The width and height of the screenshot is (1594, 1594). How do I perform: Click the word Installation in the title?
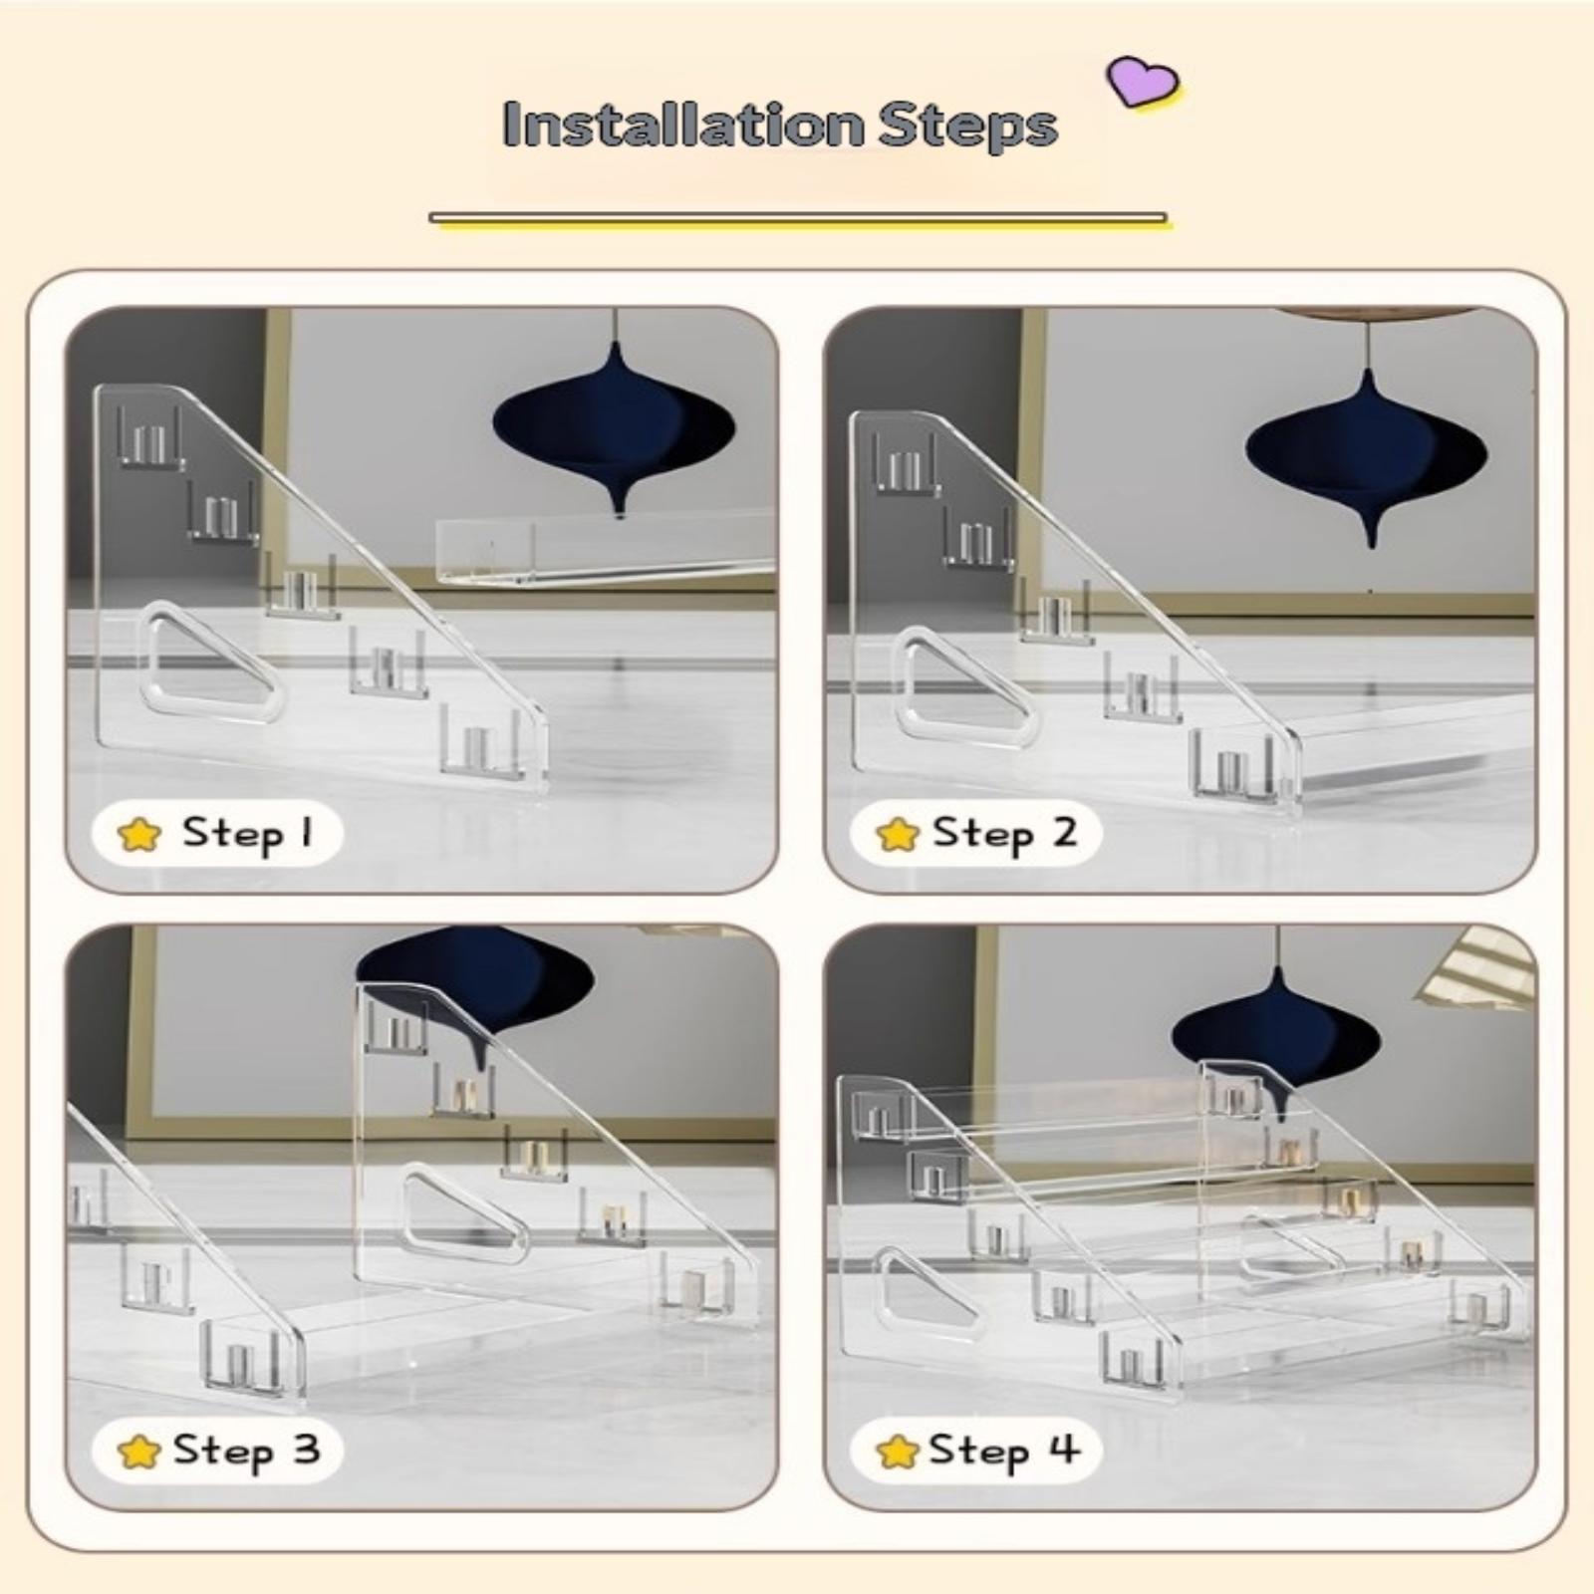[x=683, y=125]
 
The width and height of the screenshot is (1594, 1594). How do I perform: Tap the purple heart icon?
[x=1143, y=81]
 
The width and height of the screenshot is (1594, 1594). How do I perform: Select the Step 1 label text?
[x=247, y=833]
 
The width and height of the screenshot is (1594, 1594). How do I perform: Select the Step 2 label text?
[x=1004, y=833]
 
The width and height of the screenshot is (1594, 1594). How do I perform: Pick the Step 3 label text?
[x=246, y=1451]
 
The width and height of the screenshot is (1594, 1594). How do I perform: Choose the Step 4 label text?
[x=1004, y=1451]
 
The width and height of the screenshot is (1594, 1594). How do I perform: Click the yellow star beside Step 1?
[x=138, y=835]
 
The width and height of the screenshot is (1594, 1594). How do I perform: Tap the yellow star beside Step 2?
[x=898, y=835]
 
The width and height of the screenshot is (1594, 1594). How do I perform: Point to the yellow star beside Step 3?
[x=138, y=1453]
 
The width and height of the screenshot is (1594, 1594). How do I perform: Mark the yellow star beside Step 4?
[x=898, y=1453]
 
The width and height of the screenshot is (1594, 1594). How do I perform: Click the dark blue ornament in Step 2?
[x=1367, y=453]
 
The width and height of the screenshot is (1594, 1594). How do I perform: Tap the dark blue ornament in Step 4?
[x=1276, y=1041]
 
